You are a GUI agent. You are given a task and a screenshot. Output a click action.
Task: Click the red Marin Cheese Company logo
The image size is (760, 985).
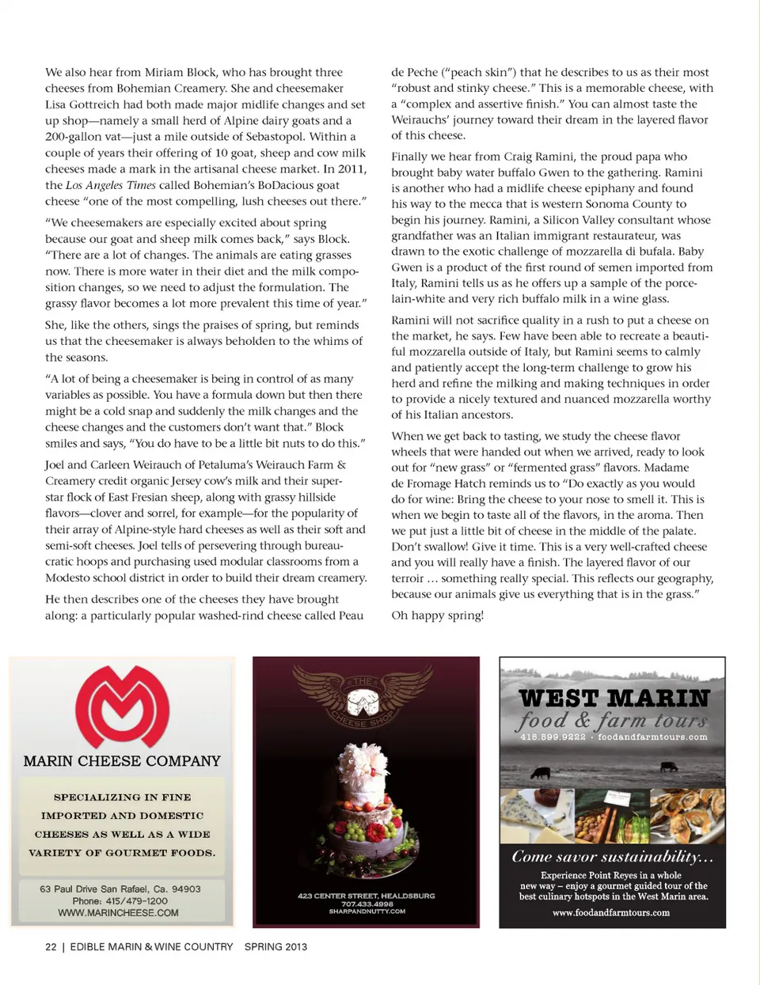pos(122,707)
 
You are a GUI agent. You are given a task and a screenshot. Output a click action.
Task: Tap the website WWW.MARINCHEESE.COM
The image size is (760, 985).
pos(118,913)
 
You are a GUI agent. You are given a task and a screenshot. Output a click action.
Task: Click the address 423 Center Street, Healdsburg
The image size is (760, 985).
pos(367,896)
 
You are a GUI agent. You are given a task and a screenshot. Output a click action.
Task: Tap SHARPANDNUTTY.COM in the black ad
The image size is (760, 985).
pos(367,911)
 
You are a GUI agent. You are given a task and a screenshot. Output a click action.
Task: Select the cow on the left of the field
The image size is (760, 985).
pos(541,772)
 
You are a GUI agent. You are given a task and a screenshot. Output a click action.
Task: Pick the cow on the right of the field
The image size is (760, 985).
pos(669,766)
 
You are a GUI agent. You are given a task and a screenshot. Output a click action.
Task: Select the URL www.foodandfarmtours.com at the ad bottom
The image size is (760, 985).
pos(611,913)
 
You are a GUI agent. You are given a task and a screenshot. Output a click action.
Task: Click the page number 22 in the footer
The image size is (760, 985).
pos(51,947)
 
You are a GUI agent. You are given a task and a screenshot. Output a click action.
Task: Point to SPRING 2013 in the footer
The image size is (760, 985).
pos(275,947)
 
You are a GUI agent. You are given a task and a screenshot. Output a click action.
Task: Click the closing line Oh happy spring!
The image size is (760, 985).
pos(437,615)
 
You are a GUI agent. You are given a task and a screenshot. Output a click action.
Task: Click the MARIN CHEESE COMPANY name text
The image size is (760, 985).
pos(122,761)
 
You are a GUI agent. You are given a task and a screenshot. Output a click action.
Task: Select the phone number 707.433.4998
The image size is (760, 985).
pos(367,904)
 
